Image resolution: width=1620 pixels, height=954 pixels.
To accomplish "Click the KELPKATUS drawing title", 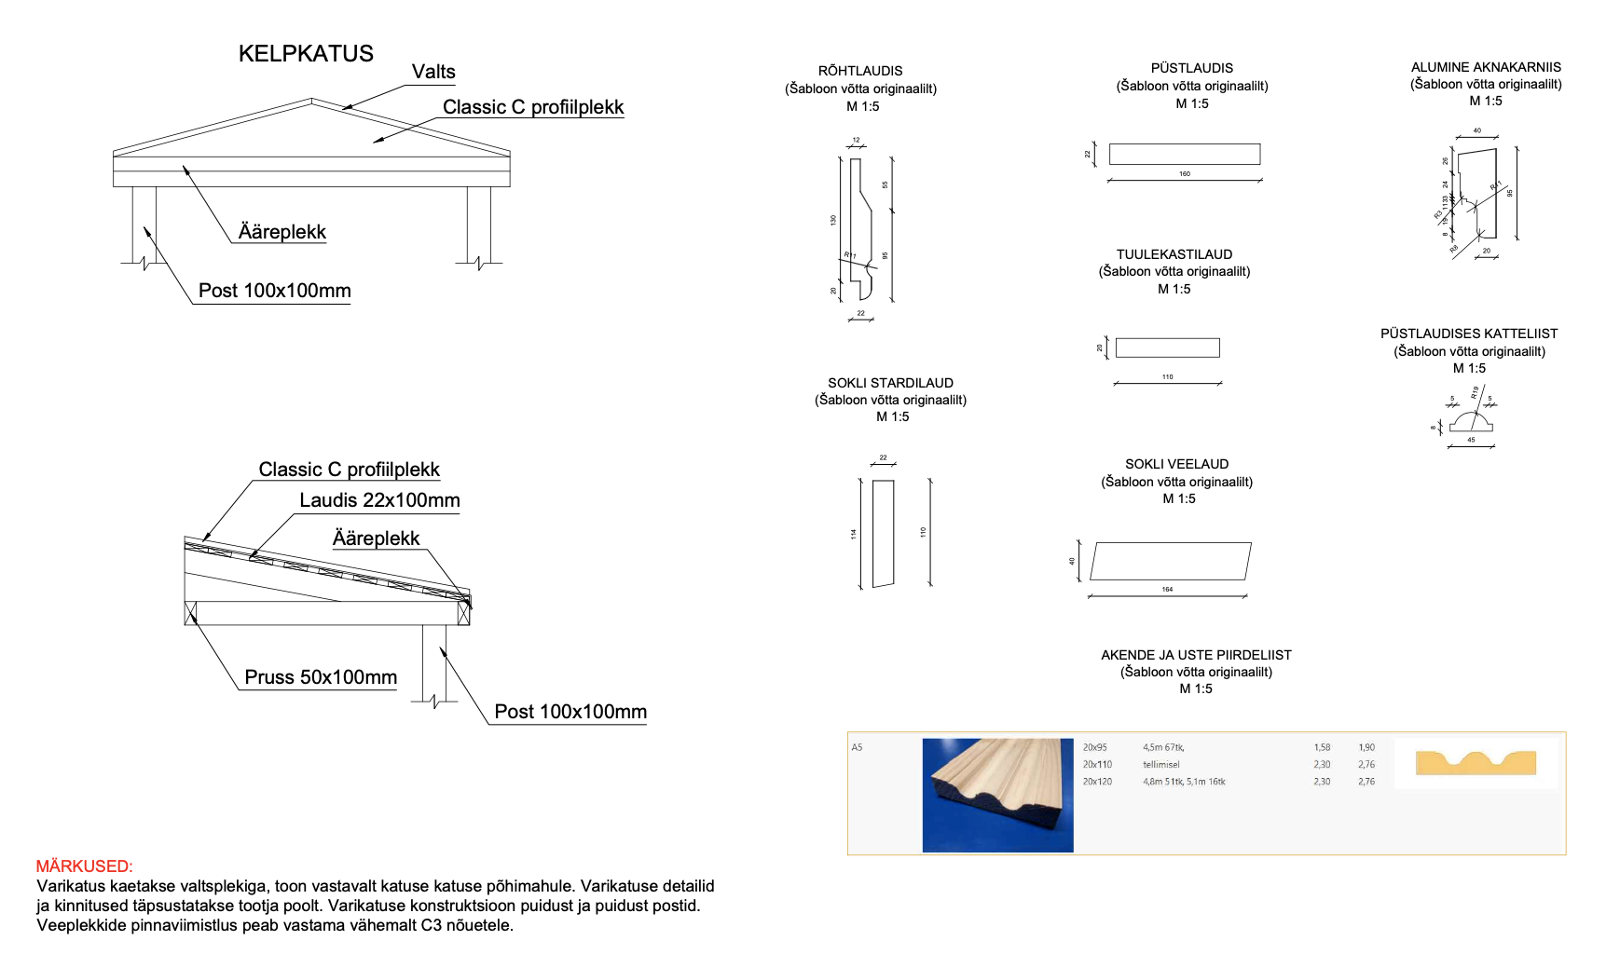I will (306, 54).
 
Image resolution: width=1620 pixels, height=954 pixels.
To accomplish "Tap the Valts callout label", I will (433, 72).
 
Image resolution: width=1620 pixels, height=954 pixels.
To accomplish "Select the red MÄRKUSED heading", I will (84, 866).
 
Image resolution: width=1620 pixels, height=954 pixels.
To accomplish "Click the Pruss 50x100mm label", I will (321, 677).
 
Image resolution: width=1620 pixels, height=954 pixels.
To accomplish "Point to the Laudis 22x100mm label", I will (379, 500).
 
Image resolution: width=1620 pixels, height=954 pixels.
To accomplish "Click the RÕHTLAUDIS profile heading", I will (860, 71).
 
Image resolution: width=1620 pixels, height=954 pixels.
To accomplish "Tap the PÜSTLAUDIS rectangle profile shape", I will (1184, 154).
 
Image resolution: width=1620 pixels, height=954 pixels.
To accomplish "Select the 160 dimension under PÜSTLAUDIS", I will (1184, 174).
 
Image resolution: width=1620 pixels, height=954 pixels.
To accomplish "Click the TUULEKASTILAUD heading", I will (1174, 254).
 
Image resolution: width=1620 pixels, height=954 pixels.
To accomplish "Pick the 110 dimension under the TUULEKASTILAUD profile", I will (1167, 377).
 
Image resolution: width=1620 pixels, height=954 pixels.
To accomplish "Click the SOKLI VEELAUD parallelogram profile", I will (1170, 561).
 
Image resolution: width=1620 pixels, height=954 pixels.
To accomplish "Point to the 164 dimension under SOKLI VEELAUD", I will (1167, 590).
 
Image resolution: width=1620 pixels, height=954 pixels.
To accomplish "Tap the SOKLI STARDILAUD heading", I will (890, 383).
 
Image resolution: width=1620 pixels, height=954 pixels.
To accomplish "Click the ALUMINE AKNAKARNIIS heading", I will (1486, 67).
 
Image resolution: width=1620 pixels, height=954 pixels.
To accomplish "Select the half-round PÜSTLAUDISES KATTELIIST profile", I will (1471, 422).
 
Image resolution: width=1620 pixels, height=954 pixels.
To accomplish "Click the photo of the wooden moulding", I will (997, 795).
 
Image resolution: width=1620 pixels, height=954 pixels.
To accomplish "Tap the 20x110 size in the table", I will (1097, 765).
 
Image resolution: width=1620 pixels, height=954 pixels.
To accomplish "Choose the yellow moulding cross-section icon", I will (1476, 763).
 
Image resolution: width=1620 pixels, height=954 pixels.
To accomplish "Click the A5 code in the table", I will (857, 747).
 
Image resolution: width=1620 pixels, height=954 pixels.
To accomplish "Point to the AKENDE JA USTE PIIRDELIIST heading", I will (1196, 655).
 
